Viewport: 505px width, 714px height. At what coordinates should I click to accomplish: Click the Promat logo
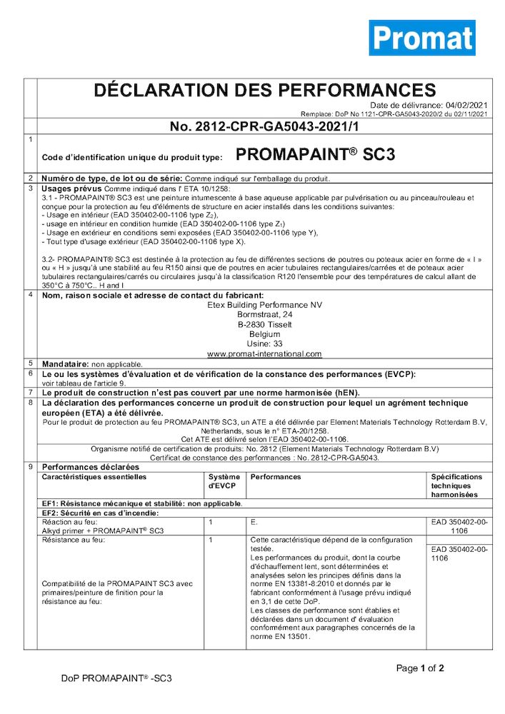(x=421, y=38)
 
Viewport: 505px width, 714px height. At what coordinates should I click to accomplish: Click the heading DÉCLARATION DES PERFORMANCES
(x=265, y=90)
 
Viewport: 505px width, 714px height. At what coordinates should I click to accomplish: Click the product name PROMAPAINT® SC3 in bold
(x=315, y=155)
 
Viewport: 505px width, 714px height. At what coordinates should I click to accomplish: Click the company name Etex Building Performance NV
(x=264, y=305)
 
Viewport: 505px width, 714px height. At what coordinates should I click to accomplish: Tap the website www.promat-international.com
(x=264, y=353)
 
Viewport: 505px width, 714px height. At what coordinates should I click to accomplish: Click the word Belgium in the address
(x=264, y=333)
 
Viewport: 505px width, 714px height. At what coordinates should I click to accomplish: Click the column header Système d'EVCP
(x=224, y=481)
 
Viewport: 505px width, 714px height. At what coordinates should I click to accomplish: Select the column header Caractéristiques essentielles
(x=94, y=476)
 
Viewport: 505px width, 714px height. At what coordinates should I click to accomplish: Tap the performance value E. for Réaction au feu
(x=254, y=522)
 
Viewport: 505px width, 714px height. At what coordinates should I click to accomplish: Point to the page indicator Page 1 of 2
(x=421, y=668)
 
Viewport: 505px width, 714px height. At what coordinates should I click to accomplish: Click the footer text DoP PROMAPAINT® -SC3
(x=116, y=678)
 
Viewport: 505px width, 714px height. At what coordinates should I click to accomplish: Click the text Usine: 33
(x=264, y=343)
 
